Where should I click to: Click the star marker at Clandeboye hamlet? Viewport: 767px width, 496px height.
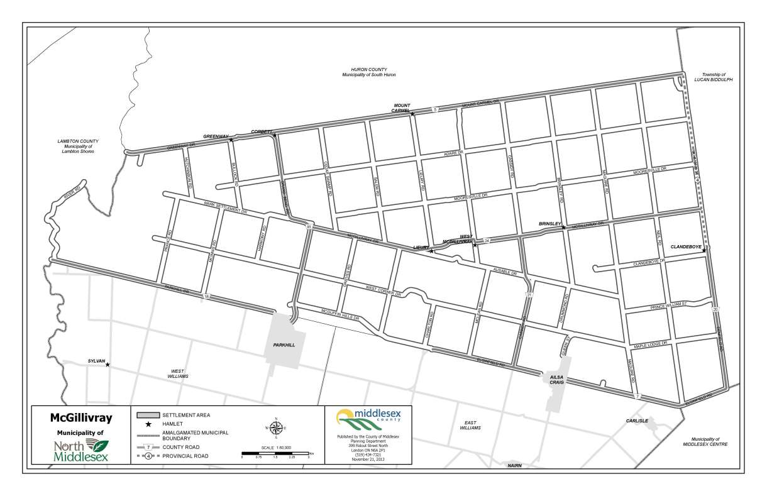click(x=704, y=251)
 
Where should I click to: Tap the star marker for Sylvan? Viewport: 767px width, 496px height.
click(x=108, y=365)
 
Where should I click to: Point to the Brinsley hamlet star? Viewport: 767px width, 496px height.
click(x=563, y=228)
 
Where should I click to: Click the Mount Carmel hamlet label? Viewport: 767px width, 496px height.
click(x=402, y=107)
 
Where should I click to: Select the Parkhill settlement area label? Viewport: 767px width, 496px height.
click(x=284, y=345)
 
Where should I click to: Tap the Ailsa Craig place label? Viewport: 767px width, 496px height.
click(x=556, y=379)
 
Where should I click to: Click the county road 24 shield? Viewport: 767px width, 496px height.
click(x=487, y=241)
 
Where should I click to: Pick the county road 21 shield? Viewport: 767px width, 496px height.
click(x=529, y=295)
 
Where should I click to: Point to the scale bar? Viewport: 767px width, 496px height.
click(x=275, y=453)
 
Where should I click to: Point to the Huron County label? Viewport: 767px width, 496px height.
click(x=369, y=72)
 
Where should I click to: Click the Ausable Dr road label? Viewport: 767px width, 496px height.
click(x=504, y=273)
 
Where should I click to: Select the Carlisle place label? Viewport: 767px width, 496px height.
click(x=636, y=421)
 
